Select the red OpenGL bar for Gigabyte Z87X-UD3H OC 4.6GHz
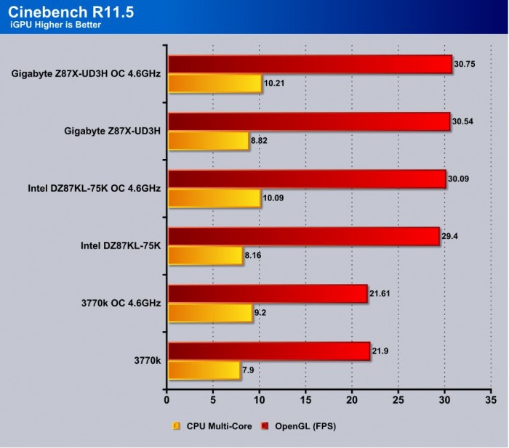pyautogui.click(x=310, y=65)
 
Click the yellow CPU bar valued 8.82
pyautogui.click(x=209, y=141)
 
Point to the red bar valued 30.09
pyautogui.click(x=306, y=179)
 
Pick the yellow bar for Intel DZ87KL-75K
pyautogui.click(x=206, y=255)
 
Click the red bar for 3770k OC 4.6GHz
pyautogui.click(x=268, y=293)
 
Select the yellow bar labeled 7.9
pyautogui.click(x=204, y=370)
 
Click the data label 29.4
pyautogui.click(x=452, y=236)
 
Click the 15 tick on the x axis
pyautogui.click(x=306, y=399)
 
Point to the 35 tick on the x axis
pyautogui.click(x=491, y=399)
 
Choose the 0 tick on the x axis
pyautogui.click(x=167, y=399)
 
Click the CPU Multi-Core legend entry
pyautogui.click(x=212, y=426)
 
